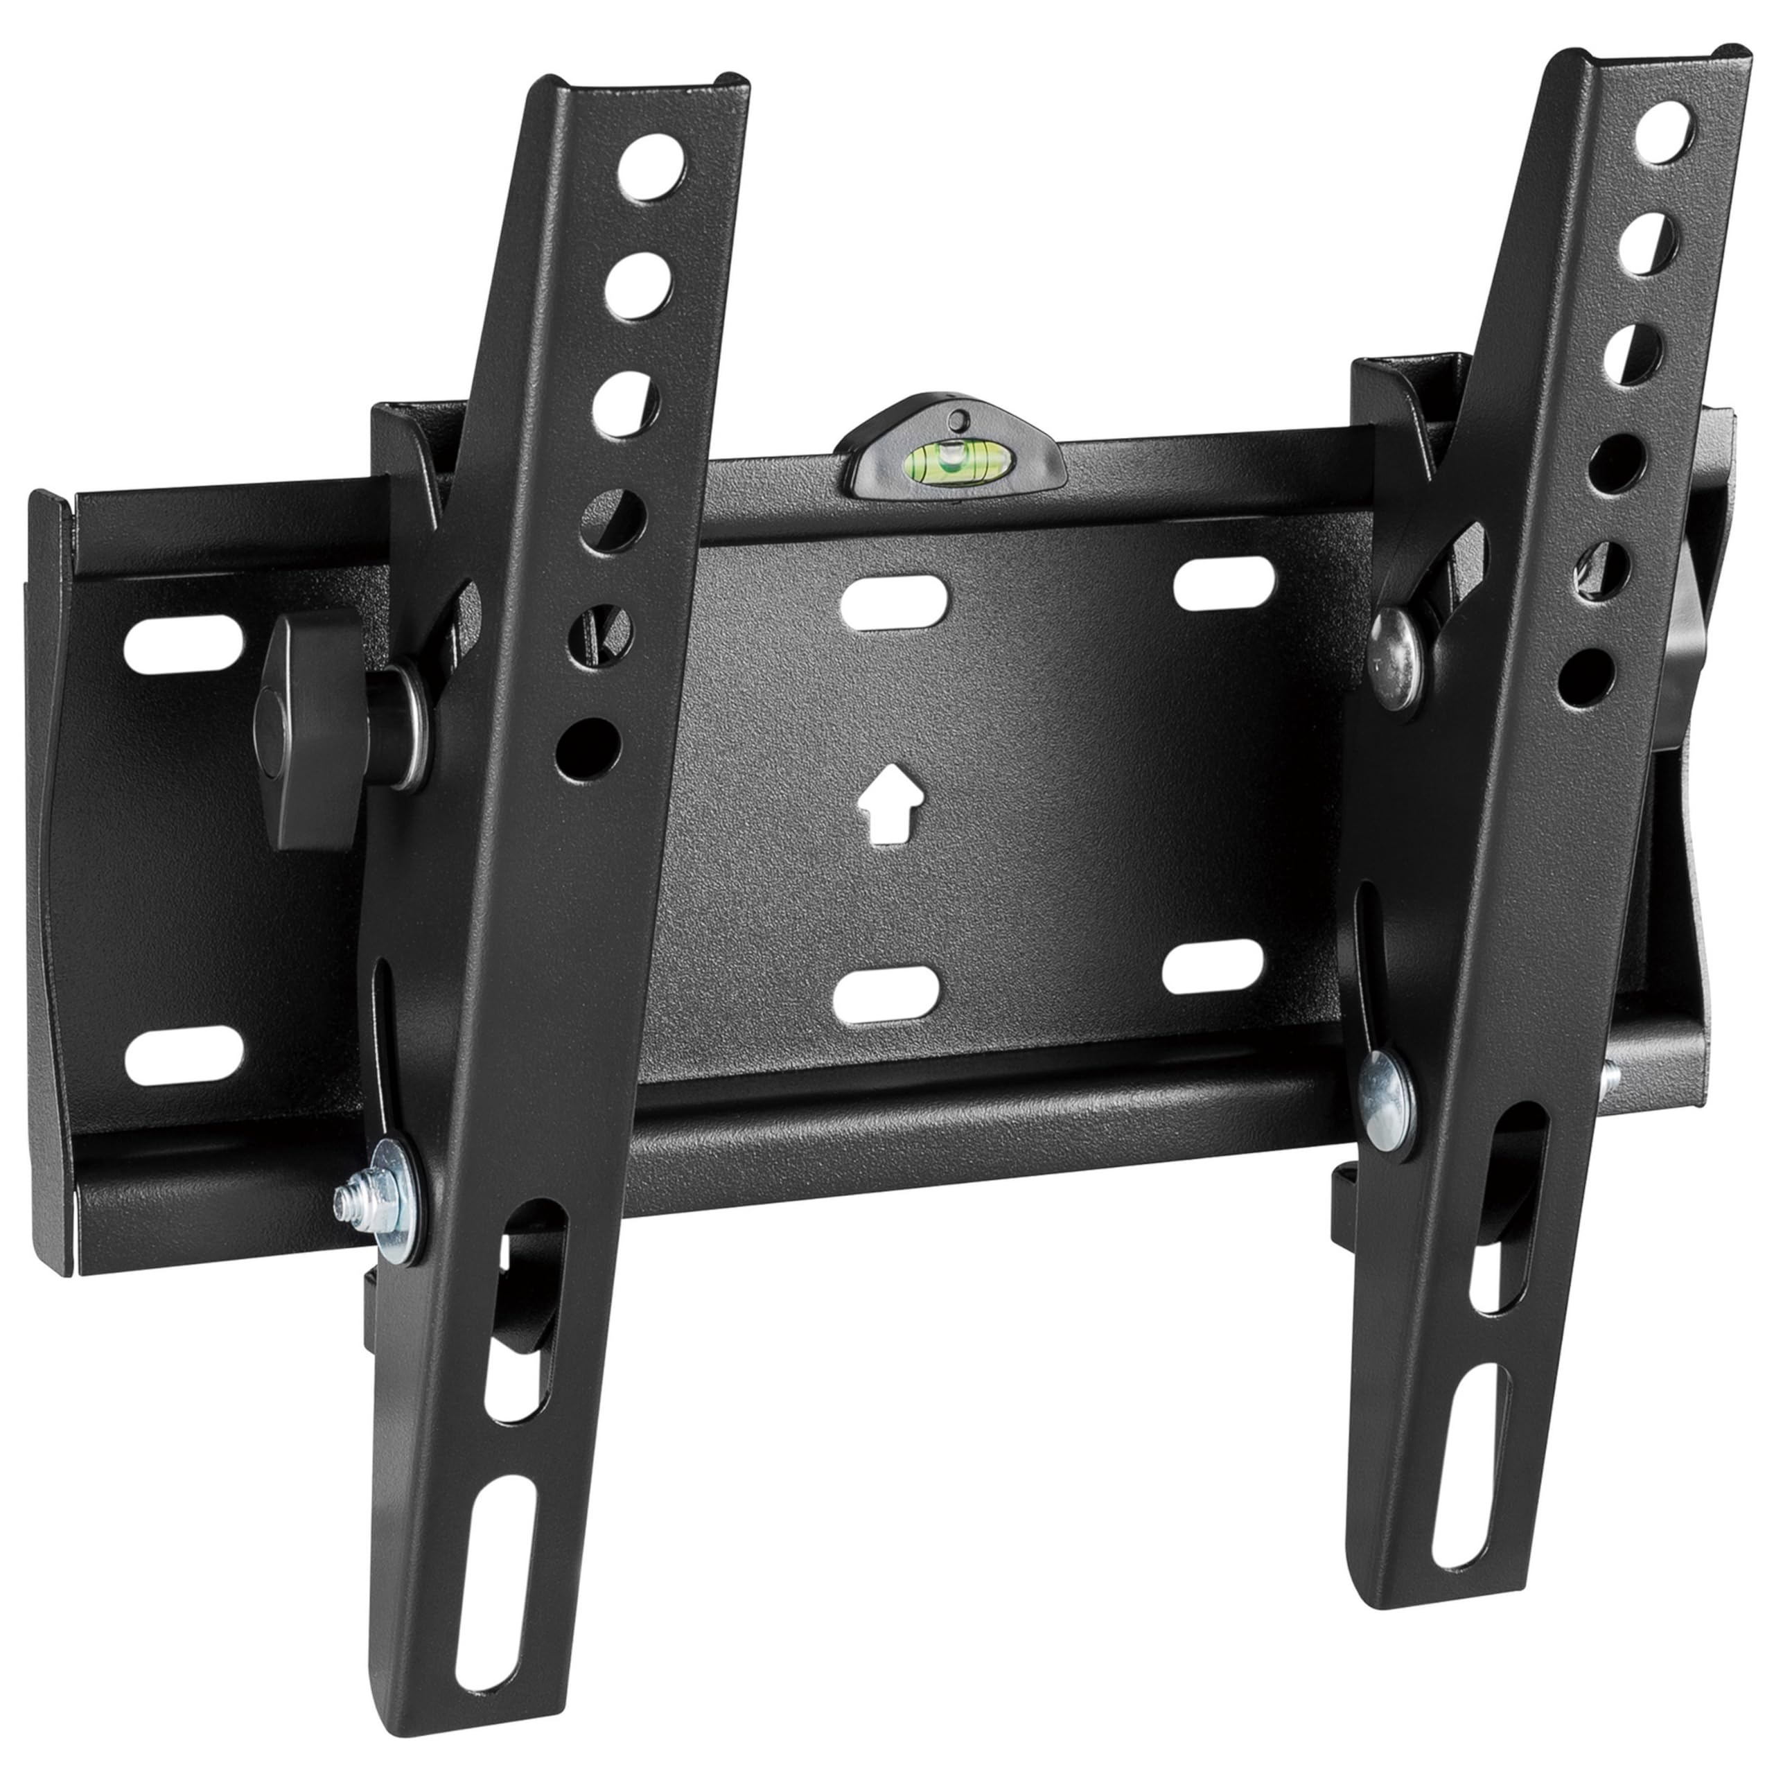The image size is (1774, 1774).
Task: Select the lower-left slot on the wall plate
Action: [x=184, y=1053]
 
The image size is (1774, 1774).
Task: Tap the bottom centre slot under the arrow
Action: [x=888, y=994]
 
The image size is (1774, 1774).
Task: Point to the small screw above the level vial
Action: [x=958, y=419]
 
